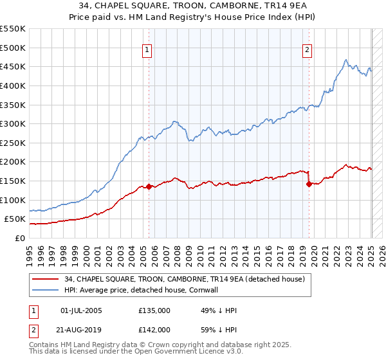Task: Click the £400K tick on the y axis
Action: (13, 85)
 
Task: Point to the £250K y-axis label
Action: (13, 143)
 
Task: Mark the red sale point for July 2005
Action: (149, 186)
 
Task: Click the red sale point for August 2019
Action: (309, 184)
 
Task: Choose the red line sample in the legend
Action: (46, 279)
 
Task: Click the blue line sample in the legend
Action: (46, 290)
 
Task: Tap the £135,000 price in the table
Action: (154, 310)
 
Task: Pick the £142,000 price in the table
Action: (154, 329)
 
